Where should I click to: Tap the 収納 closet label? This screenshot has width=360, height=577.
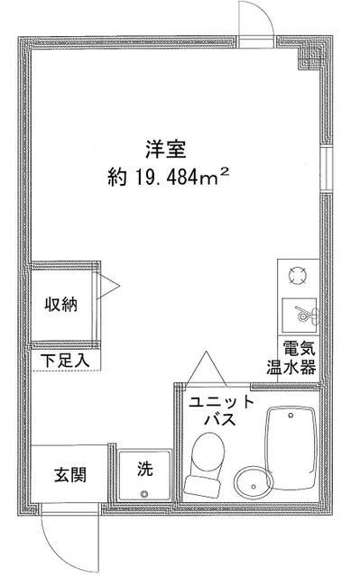click(x=62, y=304)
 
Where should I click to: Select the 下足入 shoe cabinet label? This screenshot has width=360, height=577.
click(x=65, y=361)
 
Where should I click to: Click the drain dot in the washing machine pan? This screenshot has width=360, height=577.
click(x=144, y=492)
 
